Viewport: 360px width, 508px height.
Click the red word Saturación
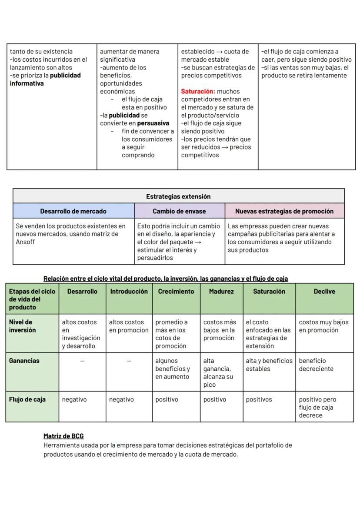198,92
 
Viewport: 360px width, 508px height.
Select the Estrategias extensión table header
178,196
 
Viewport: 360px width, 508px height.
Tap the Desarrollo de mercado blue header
73,211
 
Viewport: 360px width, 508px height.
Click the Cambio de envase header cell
179,211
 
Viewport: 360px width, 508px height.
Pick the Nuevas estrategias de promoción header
284,211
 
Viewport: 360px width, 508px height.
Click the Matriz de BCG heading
63,436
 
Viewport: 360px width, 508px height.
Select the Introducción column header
129,292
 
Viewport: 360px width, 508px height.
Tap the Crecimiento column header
176,292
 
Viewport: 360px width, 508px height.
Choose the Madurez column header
221,292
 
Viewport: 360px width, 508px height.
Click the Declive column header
324,292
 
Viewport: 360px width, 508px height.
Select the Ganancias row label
24,361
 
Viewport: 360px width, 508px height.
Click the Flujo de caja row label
27,399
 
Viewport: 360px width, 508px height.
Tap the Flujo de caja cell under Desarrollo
74,399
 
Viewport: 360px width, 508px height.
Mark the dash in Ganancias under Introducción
129,361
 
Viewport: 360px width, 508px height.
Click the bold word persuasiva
153,123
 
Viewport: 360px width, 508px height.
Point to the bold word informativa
27,83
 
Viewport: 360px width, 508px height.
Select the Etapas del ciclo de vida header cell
32,299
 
